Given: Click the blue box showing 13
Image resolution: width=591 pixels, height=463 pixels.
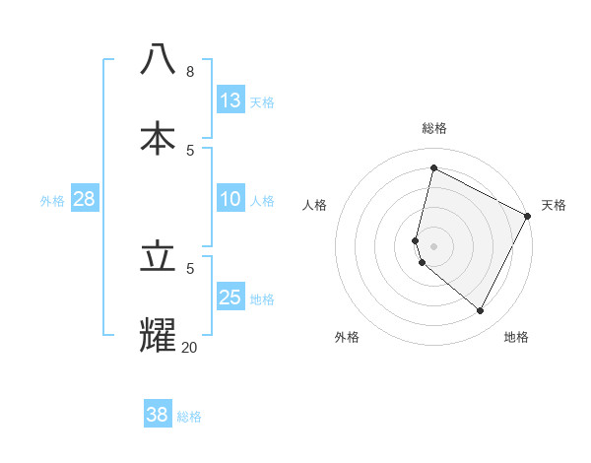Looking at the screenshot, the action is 230,99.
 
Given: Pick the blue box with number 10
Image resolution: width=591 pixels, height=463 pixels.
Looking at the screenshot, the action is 230,199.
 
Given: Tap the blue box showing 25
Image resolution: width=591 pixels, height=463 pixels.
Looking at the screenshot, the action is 230,298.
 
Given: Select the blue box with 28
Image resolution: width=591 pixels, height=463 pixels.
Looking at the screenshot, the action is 85,199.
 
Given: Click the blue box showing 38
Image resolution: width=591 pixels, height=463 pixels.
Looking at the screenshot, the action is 158,415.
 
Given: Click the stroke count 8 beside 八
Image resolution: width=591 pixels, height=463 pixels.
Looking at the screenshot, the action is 189,72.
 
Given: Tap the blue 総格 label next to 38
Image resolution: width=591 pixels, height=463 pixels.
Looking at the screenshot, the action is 189,417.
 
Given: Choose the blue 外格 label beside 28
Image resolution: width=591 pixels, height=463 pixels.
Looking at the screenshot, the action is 52,201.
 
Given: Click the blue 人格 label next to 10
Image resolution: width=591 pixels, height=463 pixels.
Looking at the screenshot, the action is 262,201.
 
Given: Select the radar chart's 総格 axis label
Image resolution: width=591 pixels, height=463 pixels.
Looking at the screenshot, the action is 433,128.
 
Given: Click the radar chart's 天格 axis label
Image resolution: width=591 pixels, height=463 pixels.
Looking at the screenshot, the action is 554,205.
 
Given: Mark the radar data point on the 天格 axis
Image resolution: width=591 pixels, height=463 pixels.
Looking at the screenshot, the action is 529,216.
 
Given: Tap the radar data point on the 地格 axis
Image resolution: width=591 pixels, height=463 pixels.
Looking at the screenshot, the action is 481,311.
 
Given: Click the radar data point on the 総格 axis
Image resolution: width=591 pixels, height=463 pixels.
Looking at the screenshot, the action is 433,167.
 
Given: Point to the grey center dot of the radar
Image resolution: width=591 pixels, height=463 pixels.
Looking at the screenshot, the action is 433,246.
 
